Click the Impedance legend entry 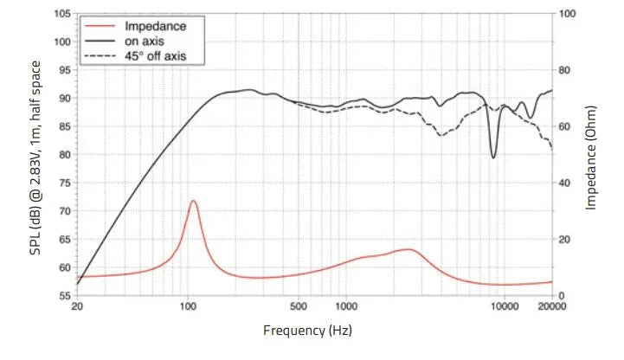156,26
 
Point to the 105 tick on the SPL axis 61,14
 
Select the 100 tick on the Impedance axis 568,14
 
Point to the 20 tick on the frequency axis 78,307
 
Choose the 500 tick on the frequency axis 299,307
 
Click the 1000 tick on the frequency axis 346,307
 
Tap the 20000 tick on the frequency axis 551,307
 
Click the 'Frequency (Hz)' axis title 307,331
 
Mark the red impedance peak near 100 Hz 193,201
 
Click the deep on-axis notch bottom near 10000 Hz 493,157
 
